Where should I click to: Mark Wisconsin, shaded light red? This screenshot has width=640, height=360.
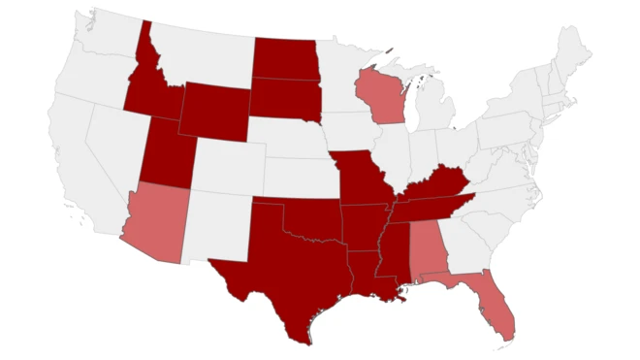380,95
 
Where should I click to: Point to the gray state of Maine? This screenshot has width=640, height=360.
572,49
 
